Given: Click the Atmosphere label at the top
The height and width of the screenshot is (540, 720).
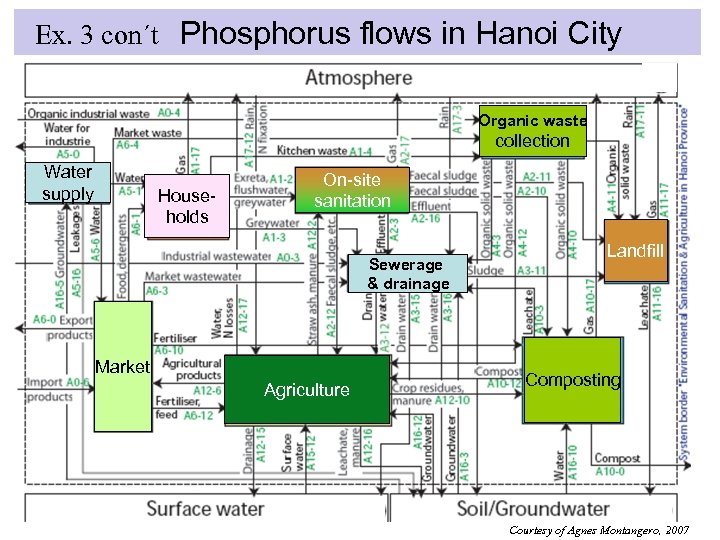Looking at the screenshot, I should click(358, 78).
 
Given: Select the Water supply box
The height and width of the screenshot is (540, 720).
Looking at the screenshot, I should click(68, 183).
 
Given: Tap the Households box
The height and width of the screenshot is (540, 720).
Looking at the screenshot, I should click(187, 207).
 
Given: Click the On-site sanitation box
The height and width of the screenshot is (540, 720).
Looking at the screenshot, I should click(353, 190).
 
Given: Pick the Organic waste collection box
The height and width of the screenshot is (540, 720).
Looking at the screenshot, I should click(532, 130).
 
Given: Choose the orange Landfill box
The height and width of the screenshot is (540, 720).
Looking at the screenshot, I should click(634, 250).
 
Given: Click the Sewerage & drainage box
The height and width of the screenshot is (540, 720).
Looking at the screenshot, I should click(408, 274).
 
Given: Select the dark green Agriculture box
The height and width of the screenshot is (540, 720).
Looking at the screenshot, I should click(307, 390).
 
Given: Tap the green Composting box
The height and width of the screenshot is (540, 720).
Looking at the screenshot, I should click(572, 380).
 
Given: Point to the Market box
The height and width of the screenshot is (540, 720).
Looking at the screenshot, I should click(122, 367).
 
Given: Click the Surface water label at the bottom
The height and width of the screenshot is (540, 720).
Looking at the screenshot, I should click(205, 508).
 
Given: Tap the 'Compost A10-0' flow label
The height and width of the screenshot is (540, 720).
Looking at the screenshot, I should click(617, 465).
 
